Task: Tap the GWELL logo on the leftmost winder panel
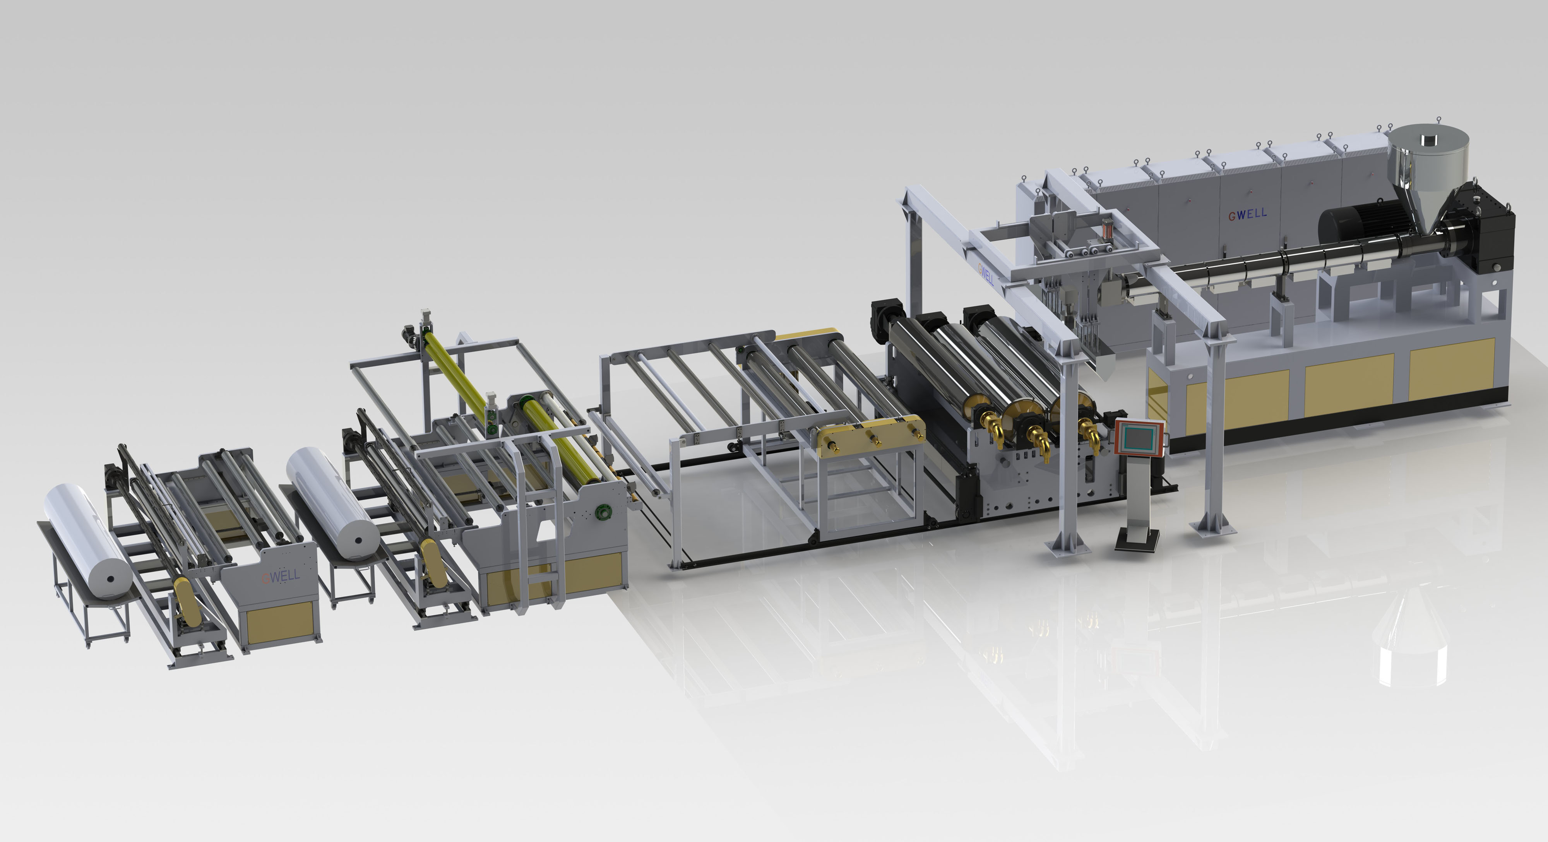(x=280, y=576)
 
